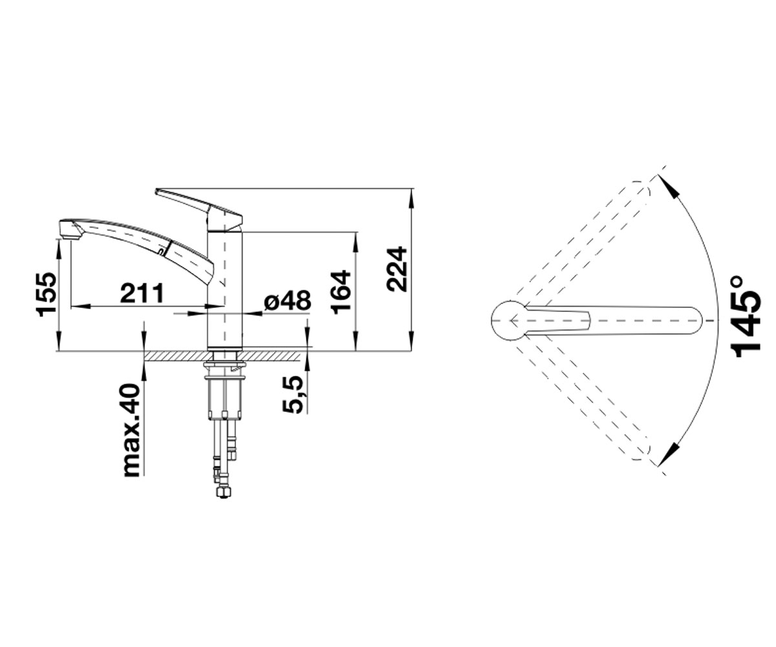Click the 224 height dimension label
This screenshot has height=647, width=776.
(397, 269)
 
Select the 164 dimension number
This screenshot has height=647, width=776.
(340, 293)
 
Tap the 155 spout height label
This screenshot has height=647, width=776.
(47, 294)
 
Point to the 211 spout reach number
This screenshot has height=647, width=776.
(142, 292)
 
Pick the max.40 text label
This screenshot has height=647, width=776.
(131, 431)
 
